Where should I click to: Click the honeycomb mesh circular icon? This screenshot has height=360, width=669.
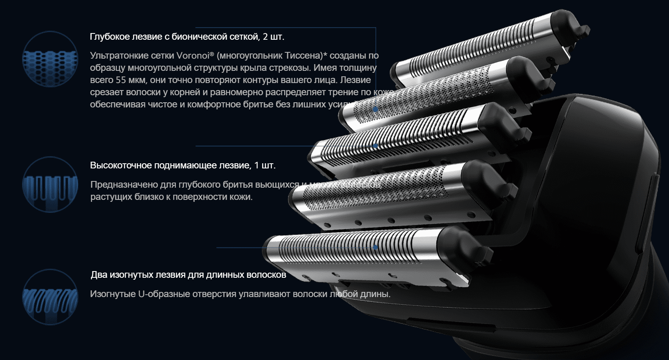coord(50,59)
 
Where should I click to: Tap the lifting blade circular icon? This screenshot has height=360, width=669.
coord(50,185)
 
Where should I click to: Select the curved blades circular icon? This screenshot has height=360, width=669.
coord(50,297)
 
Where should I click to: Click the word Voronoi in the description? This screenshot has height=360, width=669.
coord(193,55)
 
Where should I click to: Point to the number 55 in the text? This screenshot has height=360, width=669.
coord(121,80)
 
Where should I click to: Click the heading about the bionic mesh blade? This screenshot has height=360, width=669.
coord(187,37)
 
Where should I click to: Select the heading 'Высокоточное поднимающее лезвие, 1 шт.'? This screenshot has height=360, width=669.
coord(183,165)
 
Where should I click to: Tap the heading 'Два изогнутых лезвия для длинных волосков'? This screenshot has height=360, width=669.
coord(188,275)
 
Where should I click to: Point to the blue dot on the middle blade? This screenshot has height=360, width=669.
coord(375,146)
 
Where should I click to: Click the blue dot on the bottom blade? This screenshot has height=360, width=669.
coord(375,247)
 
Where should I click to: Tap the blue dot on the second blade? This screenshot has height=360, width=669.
coord(375,109)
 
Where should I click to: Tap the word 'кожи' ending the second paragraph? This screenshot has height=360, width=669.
coord(240,197)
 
